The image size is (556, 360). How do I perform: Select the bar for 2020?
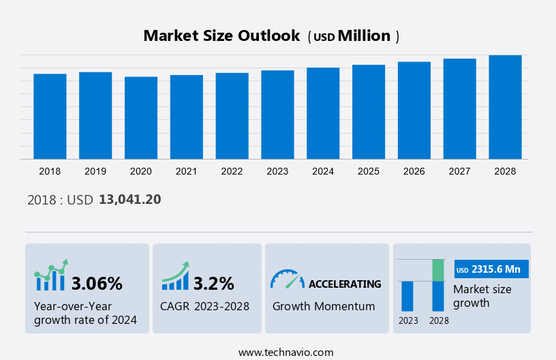[141, 118]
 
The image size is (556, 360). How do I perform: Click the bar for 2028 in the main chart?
[505, 107]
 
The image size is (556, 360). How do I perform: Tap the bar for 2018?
[50, 117]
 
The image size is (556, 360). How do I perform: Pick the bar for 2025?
[369, 112]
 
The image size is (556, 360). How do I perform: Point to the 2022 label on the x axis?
[232, 171]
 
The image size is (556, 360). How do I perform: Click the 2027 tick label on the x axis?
[459, 171]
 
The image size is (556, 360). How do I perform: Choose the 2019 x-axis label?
[95, 171]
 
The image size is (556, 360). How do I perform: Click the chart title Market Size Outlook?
[221, 36]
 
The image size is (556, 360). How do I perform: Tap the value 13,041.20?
[130, 200]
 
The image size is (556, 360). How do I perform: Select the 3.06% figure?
[97, 284]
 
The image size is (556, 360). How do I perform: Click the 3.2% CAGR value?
[214, 284]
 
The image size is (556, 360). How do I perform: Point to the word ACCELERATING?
[345, 284]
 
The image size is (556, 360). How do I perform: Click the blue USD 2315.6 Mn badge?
[491, 269]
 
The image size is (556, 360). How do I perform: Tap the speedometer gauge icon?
[286, 278]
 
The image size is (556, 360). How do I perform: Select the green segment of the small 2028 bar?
[438, 270]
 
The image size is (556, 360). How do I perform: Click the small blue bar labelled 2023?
[407, 296]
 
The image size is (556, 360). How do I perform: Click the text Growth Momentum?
[324, 306]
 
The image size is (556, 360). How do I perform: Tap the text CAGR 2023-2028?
[204, 306]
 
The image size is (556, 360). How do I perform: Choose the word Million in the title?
[365, 36]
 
